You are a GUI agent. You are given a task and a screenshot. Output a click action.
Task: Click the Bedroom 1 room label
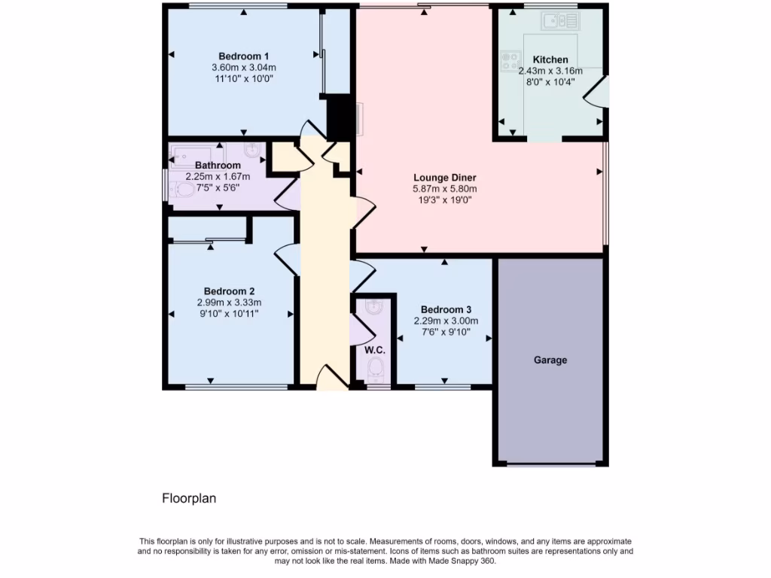(x=243, y=56)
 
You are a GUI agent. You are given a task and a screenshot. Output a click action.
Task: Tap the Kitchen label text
(x=550, y=60)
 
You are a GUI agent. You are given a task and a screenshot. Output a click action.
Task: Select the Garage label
(x=550, y=360)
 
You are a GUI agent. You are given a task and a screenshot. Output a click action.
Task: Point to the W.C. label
(x=375, y=351)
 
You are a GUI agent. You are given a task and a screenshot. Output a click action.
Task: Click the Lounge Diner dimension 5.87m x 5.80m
(x=445, y=189)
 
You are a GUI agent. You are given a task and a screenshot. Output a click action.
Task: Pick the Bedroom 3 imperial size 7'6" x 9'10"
(x=446, y=331)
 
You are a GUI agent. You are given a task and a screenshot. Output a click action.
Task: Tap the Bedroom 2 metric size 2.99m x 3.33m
(x=229, y=303)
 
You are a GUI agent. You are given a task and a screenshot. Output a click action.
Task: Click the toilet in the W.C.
(x=375, y=368)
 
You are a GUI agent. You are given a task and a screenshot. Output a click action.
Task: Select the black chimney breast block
(x=340, y=117)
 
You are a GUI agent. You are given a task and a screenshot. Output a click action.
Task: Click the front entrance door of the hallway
(x=332, y=377)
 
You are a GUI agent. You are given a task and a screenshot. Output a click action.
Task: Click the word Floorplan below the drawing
(x=189, y=498)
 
